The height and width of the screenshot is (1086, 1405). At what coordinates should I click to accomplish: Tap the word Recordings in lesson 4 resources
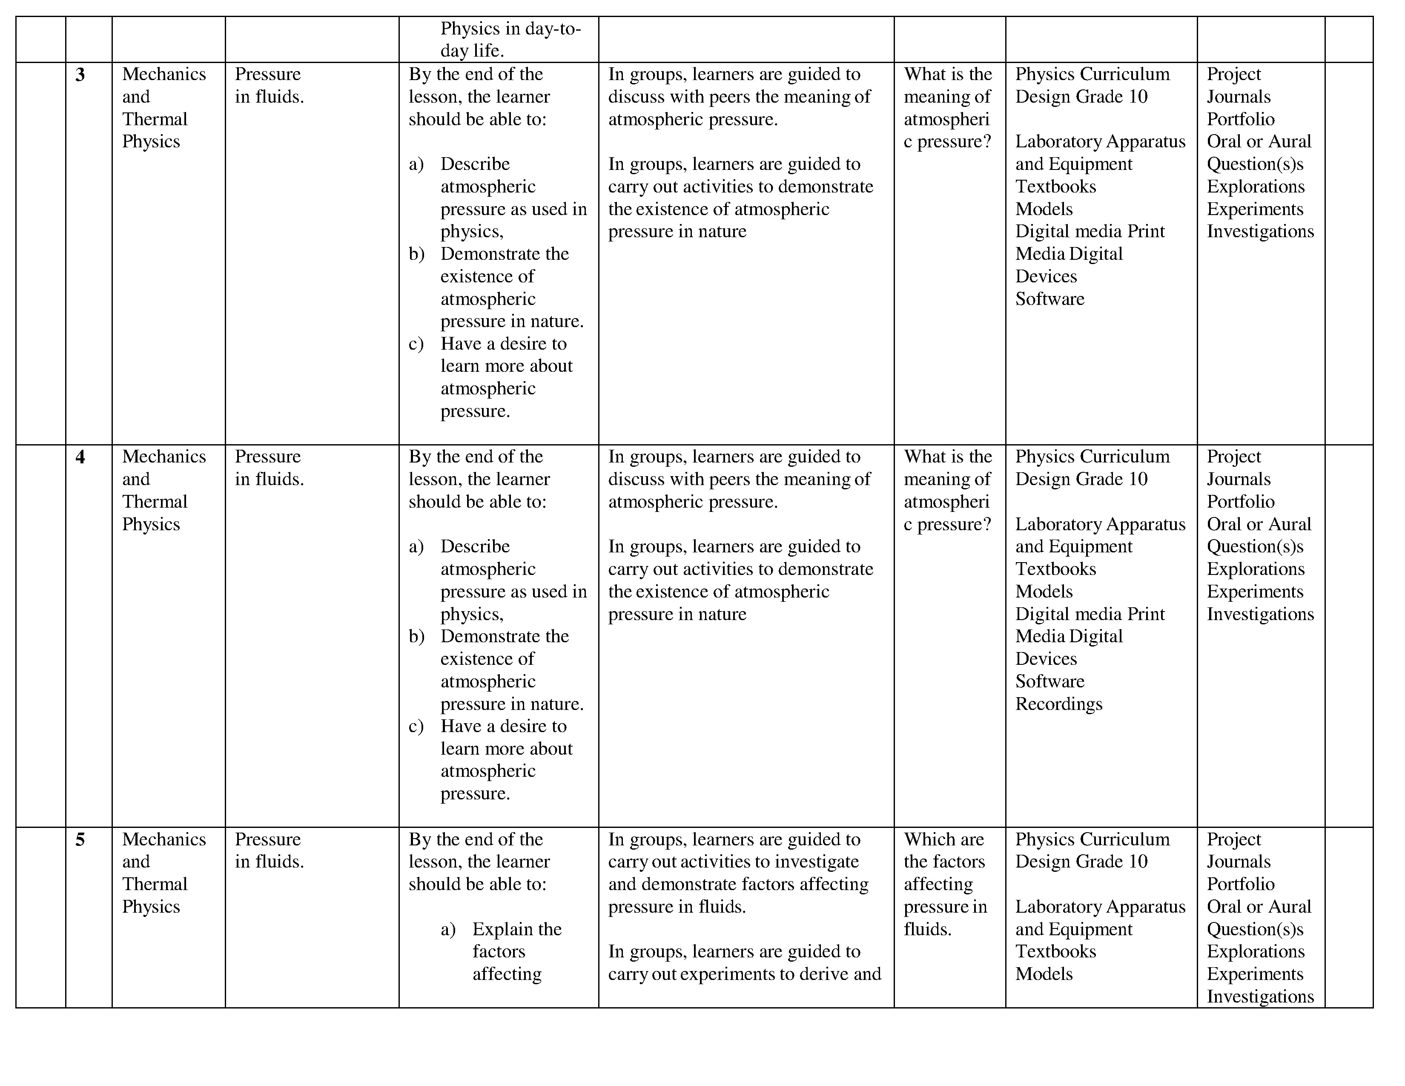[1058, 704]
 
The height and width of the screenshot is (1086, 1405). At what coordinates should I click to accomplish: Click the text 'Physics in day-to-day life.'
[510, 39]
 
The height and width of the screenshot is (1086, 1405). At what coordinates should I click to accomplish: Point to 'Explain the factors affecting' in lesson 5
[516, 951]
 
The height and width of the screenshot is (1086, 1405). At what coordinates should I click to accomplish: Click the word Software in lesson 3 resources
[1049, 299]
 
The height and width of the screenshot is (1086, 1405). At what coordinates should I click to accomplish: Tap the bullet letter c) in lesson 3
[416, 344]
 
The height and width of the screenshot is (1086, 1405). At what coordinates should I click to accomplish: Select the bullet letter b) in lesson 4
[416, 636]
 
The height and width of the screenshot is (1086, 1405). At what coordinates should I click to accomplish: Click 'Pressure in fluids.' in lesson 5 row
[269, 850]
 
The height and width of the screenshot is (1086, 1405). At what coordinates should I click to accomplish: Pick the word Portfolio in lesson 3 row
[1240, 119]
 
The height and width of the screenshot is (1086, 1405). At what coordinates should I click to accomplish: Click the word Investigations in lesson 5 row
[1260, 996]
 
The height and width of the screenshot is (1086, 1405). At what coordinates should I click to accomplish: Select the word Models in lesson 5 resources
[1044, 974]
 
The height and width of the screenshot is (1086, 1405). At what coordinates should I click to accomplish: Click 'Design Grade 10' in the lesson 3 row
[1081, 97]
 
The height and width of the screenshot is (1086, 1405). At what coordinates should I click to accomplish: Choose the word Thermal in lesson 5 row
[155, 884]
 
